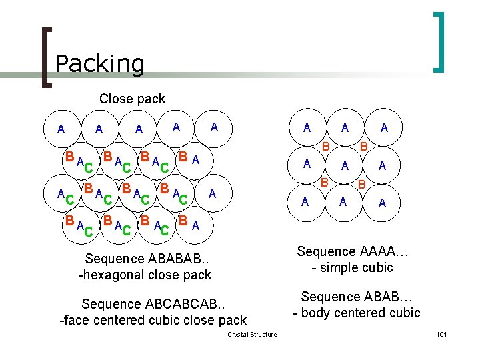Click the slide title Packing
point(99,63)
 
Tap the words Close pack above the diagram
point(132,99)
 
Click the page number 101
point(441,334)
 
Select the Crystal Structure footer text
point(252,334)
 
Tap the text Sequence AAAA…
point(353,251)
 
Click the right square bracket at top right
point(439,41)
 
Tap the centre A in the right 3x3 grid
point(345,165)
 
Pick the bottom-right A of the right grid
point(382,203)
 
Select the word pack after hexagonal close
point(198,275)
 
